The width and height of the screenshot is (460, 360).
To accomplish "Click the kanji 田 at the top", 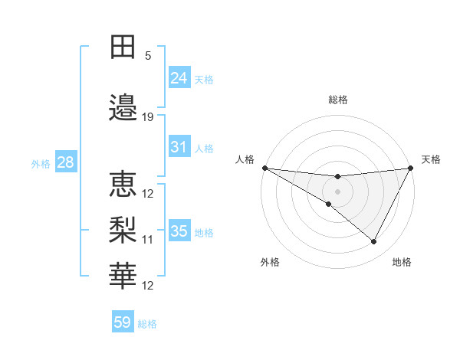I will pyautogui.click(x=123, y=47).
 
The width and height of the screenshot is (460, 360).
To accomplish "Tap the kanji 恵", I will pyautogui.click(x=123, y=184).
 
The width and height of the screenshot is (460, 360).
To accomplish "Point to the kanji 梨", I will pyautogui.click(x=123, y=229).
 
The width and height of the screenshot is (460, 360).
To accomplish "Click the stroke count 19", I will pyautogui.click(x=148, y=117).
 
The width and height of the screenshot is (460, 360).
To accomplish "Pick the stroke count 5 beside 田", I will pyautogui.click(x=148, y=55).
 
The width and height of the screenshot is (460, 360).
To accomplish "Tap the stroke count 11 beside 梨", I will pyautogui.click(x=148, y=239).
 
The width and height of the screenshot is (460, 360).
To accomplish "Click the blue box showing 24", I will pyautogui.click(x=179, y=78).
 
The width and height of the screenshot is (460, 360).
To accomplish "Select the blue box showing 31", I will pyautogui.click(x=179, y=147).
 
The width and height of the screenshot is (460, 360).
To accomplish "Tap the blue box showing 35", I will pyautogui.click(x=179, y=231).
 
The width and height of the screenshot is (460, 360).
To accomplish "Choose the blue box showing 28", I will pyautogui.click(x=64, y=162).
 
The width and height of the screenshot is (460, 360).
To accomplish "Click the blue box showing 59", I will pyautogui.click(x=122, y=322).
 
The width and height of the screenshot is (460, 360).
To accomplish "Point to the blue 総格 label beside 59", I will pyautogui.click(x=147, y=324).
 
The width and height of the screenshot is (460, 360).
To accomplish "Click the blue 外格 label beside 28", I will pyautogui.click(x=41, y=164).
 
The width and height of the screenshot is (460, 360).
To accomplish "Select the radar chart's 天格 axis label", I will pyautogui.click(x=432, y=159).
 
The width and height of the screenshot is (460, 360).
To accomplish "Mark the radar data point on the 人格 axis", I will pyautogui.click(x=264, y=168).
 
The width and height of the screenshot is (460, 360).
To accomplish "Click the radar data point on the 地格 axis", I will pyautogui.click(x=374, y=242).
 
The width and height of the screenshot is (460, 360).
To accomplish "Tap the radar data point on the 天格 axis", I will pyautogui.click(x=410, y=168).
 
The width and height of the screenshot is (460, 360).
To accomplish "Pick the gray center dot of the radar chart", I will pyautogui.click(x=337, y=191).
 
